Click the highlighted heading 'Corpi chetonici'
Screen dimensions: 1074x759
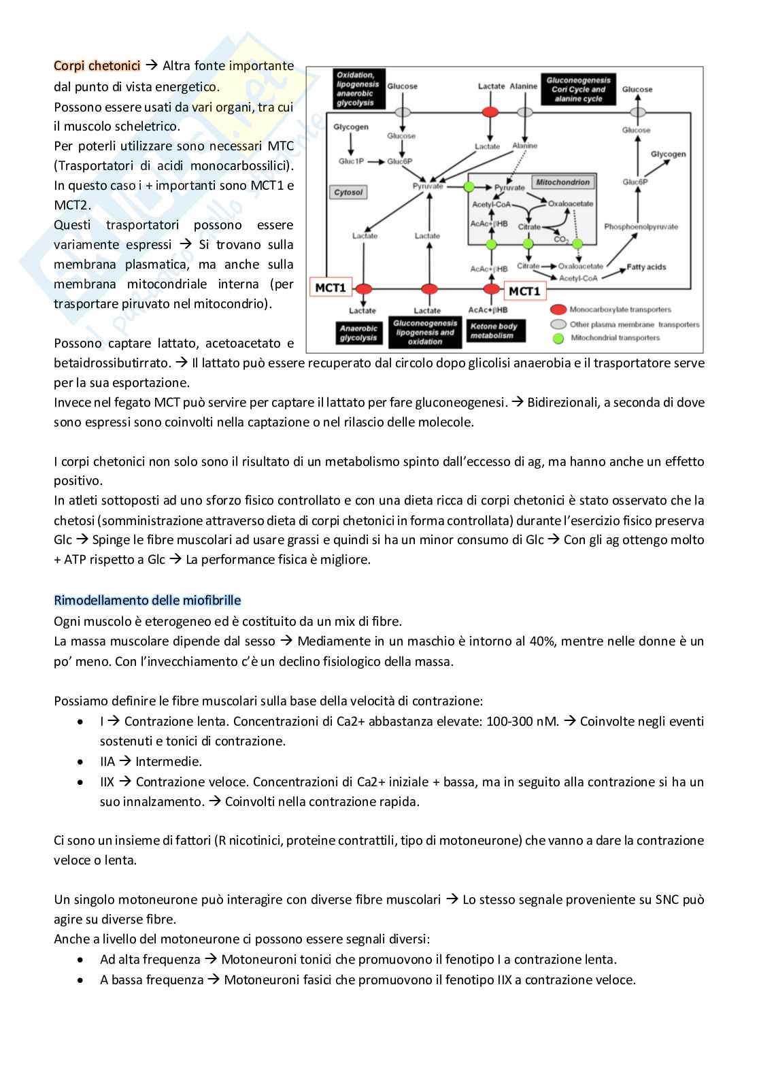point(97,66)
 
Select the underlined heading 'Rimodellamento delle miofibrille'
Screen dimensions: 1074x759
point(147,601)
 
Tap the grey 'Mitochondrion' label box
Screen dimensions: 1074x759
point(563,182)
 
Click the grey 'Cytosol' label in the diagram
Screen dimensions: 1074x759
point(348,192)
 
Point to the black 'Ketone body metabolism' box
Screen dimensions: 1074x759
point(494,331)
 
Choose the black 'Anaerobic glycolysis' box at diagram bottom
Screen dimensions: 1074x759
point(358,333)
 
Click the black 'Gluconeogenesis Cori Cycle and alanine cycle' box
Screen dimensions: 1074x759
point(578,89)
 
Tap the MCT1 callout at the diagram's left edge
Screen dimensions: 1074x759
point(331,288)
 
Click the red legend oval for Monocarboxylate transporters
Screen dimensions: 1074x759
point(558,310)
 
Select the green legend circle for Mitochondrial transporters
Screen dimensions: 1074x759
point(558,337)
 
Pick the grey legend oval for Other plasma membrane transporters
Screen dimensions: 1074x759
point(558,324)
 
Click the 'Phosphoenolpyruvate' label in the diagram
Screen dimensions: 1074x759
point(641,226)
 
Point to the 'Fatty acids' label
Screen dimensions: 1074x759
point(646,267)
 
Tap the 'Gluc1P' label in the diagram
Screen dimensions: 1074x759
point(351,161)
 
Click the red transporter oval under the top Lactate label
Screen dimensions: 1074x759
point(490,112)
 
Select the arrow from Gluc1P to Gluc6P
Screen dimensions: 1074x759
point(376,161)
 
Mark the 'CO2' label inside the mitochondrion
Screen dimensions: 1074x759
point(561,239)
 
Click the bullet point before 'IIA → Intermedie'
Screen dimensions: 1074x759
point(82,762)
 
